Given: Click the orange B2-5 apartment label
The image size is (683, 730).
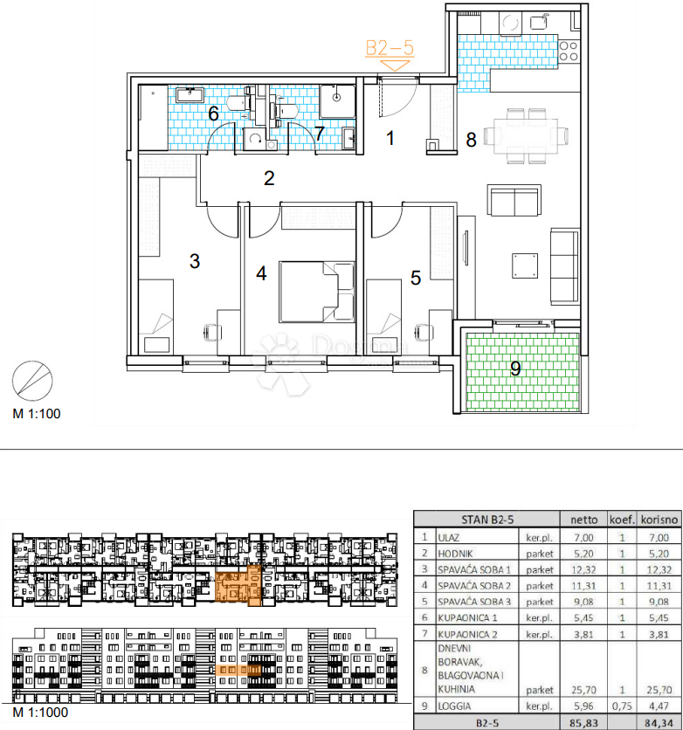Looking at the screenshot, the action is click(390, 48).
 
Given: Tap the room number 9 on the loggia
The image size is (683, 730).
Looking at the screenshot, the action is click(515, 368).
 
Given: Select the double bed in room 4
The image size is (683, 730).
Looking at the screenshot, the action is click(316, 292).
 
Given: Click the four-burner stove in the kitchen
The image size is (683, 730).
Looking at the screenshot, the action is click(569, 52).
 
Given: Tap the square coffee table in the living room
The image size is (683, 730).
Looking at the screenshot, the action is click(525, 265).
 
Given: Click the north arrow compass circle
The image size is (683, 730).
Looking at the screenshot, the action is click(32, 381).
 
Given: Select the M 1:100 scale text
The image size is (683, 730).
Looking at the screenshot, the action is click(37, 413).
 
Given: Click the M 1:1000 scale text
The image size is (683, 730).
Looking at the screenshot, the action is click(40, 713).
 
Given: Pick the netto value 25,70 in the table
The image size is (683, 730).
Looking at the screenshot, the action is click(583, 690).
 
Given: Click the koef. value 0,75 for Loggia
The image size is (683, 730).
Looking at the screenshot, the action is click(622, 706).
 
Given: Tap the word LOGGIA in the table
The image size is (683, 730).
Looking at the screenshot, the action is click(454, 706).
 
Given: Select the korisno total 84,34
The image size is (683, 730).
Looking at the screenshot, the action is click(659, 723).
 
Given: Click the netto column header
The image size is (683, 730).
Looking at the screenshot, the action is click(583, 520).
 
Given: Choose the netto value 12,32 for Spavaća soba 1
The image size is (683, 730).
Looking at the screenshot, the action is click(583, 569).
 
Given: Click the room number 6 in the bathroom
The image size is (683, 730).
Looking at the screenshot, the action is click(214, 114).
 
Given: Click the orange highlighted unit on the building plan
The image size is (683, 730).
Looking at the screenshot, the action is click(238, 586).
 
